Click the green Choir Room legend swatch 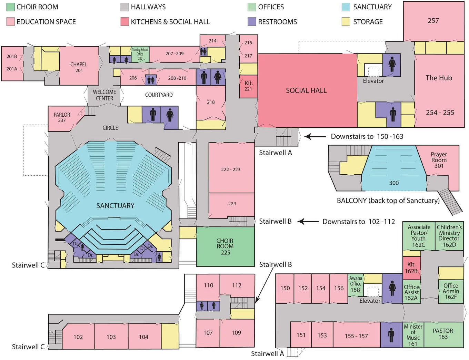pos(10,7)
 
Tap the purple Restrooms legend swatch pos(252,22)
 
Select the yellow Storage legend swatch pos(346,22)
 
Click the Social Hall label pos(306,90)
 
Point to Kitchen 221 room pos(248,86)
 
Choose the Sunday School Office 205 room pos(140,54)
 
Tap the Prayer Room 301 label pos(439,160)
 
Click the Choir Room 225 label pos(225,246)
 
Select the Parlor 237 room pos(62,117)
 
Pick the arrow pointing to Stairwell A pos(315,137)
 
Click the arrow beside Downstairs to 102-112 pos(308,222)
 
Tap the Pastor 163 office pos(443,334)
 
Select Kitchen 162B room pos(411,268)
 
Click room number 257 pos(433,21)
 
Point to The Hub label pos(439,78)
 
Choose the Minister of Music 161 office pos(413,335)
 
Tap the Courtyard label pos(159,95)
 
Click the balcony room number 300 pos(394,183)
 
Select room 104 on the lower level pos(144,337)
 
